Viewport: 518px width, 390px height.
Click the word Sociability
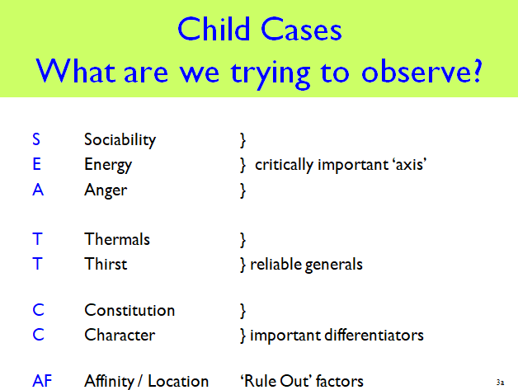[x=120, y=140]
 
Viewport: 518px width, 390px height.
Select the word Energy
[x=108, y=165]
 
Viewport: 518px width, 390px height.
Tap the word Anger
[x=106, y=190]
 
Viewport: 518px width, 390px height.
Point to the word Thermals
[x=117, y=239]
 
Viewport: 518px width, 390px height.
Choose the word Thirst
[x=106, y=264]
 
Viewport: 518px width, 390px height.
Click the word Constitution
[x=129, y=310]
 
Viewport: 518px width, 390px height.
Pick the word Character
[x=120, y=335]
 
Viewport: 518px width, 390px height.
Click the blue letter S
[x=36, y=139]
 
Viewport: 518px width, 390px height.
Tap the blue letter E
[x=36, y=164]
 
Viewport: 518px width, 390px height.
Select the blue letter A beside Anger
[x=38, y=190]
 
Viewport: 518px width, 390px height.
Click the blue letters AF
[x=42, y=381]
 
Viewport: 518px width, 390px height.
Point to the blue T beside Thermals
[x=37, y=239]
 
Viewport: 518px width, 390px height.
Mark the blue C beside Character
[x=38, y=335]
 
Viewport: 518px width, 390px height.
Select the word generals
[x=334, y=265]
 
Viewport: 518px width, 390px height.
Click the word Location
[x=178, y=381]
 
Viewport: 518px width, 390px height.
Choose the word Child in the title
[x=214, y=30]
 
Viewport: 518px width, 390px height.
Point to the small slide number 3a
[x=500, y=383]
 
